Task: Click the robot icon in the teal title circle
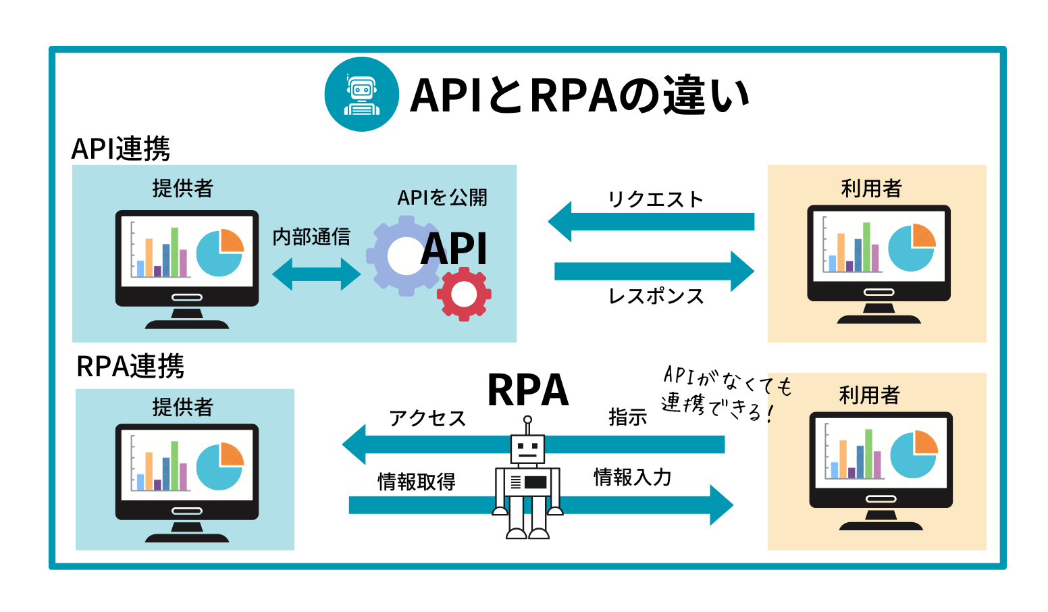click(361, 95)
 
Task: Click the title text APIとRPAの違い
click(579, 95)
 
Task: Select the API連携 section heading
click(120, 149)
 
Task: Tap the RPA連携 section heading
click(130, 367)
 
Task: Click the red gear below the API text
click(464, 294)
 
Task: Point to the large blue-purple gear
click(403, 255)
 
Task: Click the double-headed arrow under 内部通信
click(316, 274)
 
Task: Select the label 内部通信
click(311, 237)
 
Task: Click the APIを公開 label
click(442, 198)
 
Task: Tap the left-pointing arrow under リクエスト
click(651, 222)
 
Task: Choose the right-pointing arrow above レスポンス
click(654, 271)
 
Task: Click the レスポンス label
click(656, 297)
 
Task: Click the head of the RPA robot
click(527, 449)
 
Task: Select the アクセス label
click(427, 419)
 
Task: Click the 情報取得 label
click(417, 482)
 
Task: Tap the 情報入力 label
click(632, 478)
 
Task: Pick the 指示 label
click(627, 417)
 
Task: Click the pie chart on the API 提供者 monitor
click(220, 253)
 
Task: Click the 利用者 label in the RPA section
click(869, 395)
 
